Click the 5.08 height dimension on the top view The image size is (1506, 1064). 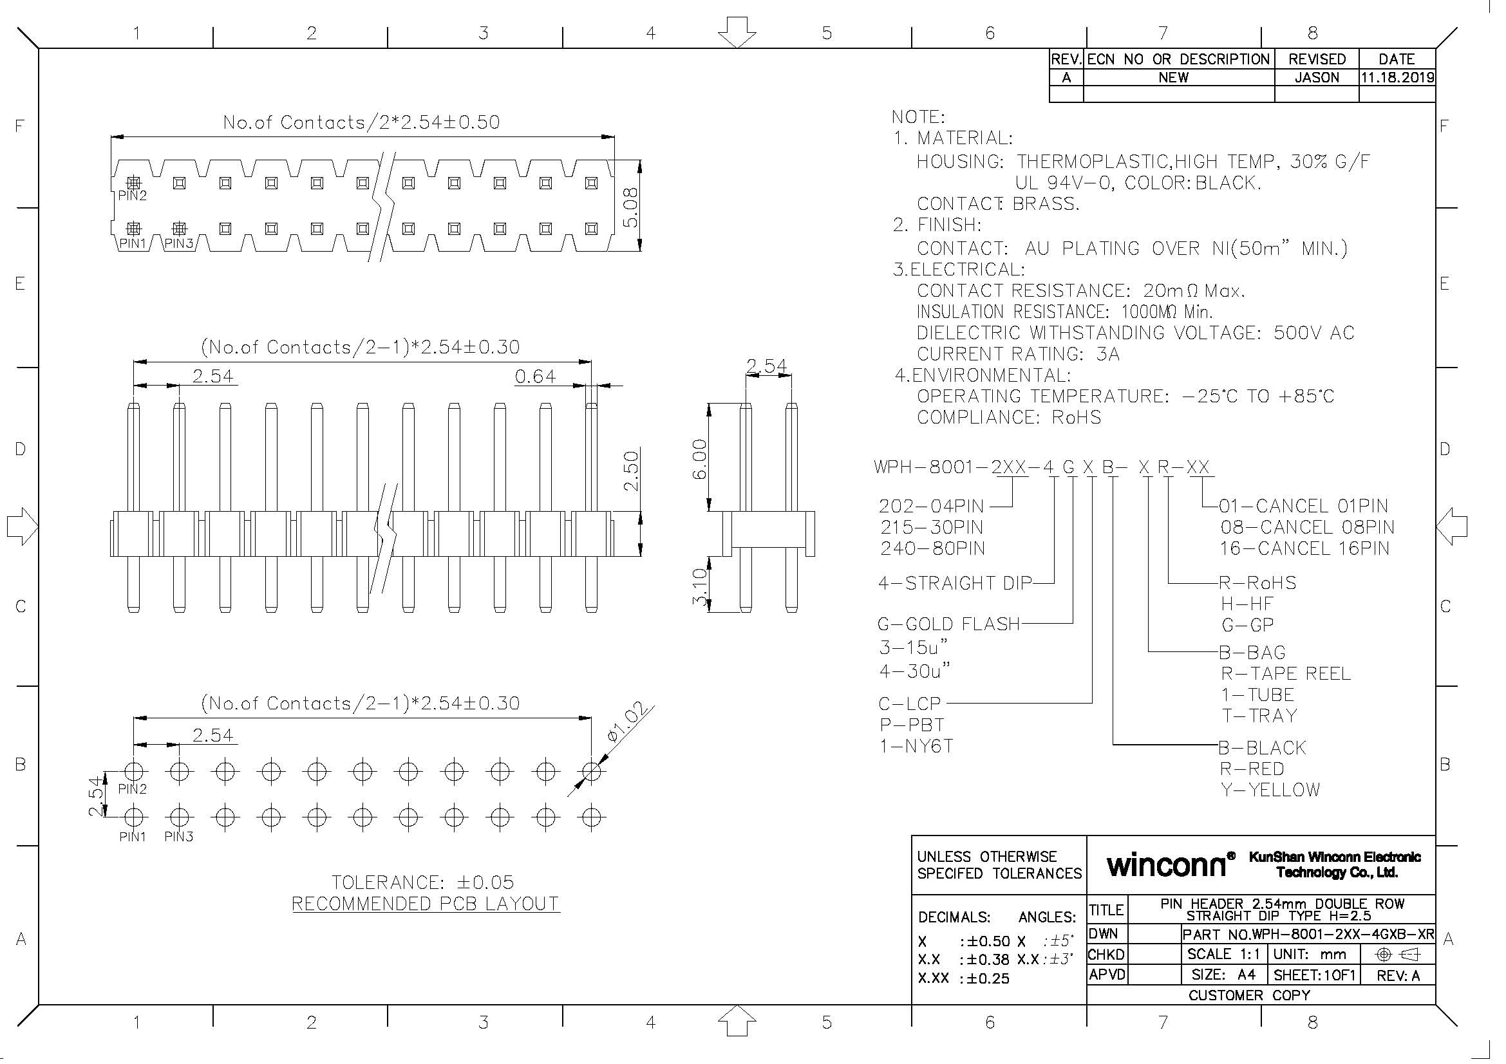click(x=630, y=207)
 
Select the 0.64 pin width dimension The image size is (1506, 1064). click(x=534, y=377)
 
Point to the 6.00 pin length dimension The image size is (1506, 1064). click(x=700, y=459)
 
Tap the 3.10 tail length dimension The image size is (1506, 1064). click(x=700, y=586)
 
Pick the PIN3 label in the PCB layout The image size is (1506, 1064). click(x=178, y=837)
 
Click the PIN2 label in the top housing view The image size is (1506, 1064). click(x=133, y=196)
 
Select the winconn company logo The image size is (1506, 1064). click(x=1165, y=864)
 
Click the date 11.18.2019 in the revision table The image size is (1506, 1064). click(x=1397, y=77)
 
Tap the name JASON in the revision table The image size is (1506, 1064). click(x=1317, y=77)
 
